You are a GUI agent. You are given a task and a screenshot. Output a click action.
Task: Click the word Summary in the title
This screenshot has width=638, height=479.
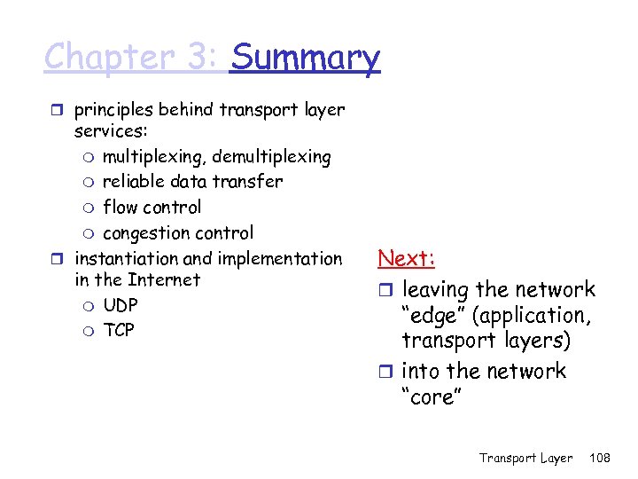(x=305, y=58)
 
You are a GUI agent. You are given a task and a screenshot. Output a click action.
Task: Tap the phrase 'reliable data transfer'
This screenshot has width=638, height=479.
(x=192, y=182)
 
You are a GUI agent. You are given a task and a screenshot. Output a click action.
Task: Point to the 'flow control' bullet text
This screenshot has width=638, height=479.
(x=152, y=208)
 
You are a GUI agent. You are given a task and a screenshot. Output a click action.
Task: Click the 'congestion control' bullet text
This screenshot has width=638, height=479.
(x=177, y=233)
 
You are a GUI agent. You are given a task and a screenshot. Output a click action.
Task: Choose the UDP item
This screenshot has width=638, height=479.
(x=121, y=305)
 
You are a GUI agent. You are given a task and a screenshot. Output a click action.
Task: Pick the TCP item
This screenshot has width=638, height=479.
(x=119, y=330)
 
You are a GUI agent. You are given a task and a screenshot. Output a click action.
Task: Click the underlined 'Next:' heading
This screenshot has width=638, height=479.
(x=406, y=258)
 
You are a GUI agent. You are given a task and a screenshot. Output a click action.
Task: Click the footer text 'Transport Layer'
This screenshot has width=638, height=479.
(x=525, y=458)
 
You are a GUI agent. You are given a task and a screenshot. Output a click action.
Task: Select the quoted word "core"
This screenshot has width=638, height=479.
(x=432, y=397)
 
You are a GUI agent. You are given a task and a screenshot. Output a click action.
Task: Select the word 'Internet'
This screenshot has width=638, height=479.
(x=164, y=280)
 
